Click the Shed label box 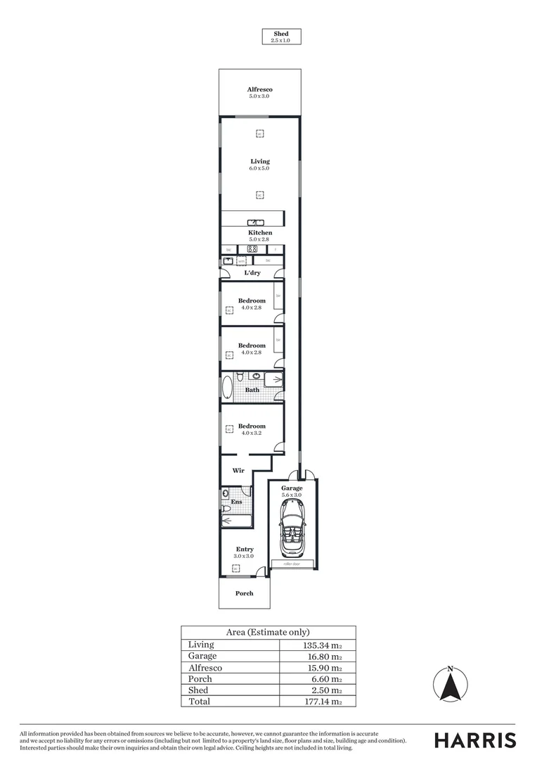tap(280, 37)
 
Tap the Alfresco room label tap(259, 92)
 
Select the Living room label tap(259, 164)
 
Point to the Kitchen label tap(259, 236)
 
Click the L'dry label tap(252, 273)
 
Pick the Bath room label tap(252, 390)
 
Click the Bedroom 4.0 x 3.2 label tap(252, 429)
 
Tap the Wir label tap(238, 470)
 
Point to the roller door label tap(292, 564)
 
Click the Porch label tap(244, 593)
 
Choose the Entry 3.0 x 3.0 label tap(244, 552)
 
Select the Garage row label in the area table tap(202, 656)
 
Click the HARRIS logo tap(474, 740)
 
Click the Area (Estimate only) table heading tap(268, 632)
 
